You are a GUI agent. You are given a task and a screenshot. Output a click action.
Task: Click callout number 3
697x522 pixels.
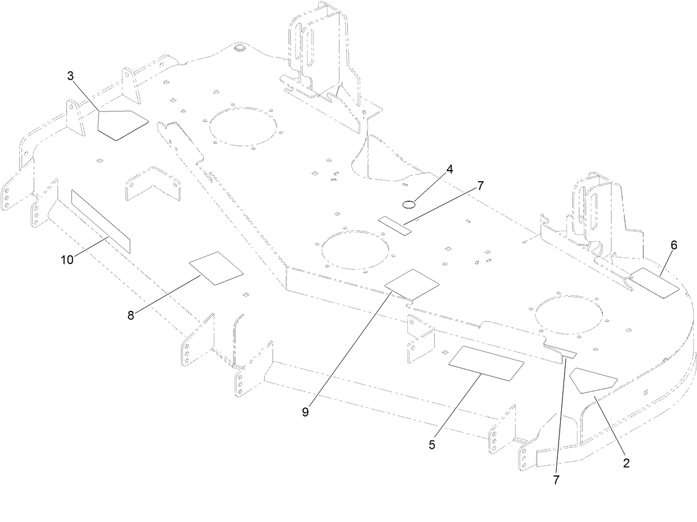(70, 76)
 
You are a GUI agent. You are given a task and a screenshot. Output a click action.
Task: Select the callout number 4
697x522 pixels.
(450, 170)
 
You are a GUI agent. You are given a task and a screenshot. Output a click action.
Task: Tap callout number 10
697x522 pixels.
(67, 259)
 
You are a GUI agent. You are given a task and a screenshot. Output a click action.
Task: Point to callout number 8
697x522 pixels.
(131, 315)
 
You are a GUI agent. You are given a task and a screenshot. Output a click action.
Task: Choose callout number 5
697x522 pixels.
(432, 444)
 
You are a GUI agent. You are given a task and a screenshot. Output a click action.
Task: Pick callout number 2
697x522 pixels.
(626, 463)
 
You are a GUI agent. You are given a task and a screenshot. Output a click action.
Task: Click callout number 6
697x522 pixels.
(674, 244)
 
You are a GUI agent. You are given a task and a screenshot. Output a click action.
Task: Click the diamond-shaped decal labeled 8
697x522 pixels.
(216, 268)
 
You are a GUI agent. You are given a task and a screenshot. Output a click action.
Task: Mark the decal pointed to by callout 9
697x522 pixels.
(412, 284)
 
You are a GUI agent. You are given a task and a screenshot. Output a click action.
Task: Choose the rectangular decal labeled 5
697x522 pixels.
(486, 364)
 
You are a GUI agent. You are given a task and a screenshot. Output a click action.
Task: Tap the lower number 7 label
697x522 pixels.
(556, 480)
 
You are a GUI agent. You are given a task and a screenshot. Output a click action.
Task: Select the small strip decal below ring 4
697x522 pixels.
(396, 224)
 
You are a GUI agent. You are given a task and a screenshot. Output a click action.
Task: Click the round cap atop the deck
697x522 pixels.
(240, 49)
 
